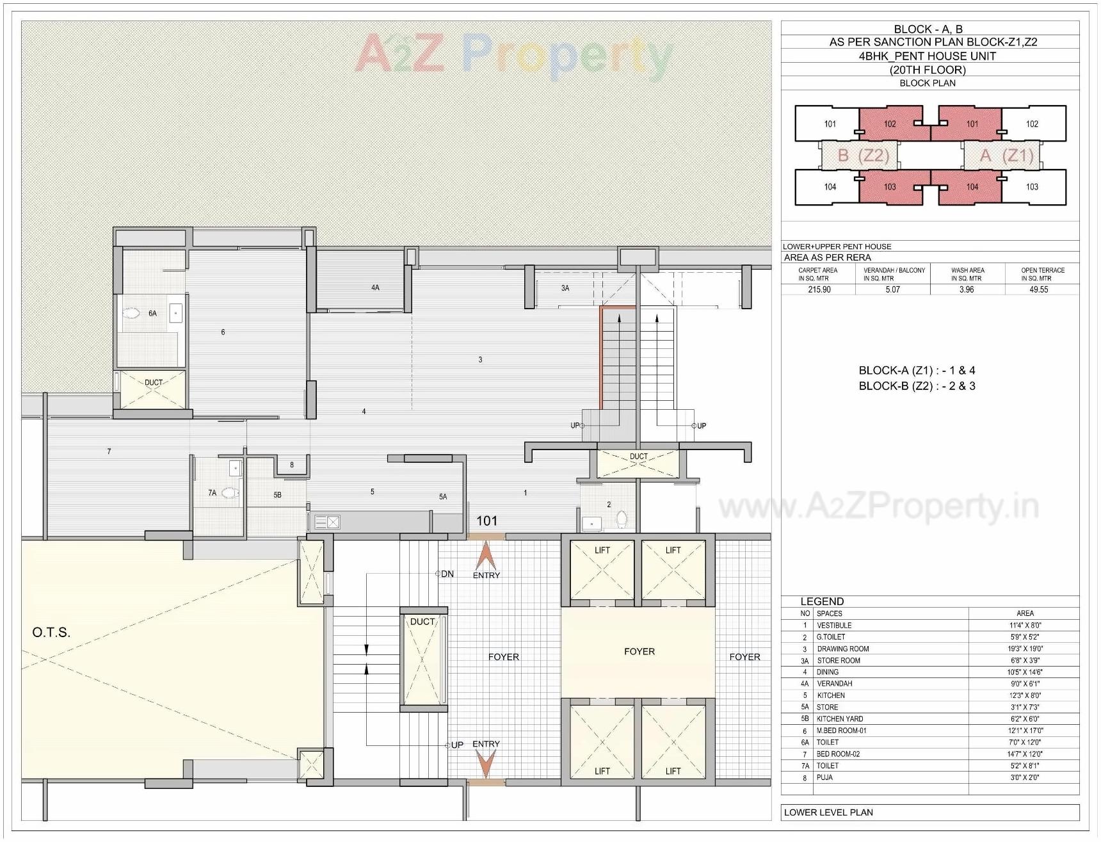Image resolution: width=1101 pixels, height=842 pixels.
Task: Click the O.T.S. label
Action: [51, 633]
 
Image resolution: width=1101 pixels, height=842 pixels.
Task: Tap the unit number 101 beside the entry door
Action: [486, 521]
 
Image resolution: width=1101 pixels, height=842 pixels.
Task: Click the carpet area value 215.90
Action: [819, 289]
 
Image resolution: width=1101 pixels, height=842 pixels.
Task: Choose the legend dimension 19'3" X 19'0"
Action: [1025, 649]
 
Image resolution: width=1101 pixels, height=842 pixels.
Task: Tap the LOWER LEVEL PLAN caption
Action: [828, 813]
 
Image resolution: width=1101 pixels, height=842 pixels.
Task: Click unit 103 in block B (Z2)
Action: [890, 187]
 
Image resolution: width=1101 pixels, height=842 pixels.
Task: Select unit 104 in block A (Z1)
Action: [972, 187]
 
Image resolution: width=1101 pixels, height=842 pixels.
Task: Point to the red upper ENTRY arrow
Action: [486, 555]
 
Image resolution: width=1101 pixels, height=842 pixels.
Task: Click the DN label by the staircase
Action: [447, 574]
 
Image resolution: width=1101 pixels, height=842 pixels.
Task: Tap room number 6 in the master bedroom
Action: [223, 332]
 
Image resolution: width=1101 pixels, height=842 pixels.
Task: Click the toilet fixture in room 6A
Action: [131, 314]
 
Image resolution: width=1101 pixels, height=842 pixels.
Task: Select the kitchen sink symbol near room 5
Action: [327, 522]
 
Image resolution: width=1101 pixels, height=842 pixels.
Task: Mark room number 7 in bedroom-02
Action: [109, 451]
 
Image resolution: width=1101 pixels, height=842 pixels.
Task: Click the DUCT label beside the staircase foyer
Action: [422, 622]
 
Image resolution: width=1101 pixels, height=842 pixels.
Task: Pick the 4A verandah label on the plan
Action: [375, 288]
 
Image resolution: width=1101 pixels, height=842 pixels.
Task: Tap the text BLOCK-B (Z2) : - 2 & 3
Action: [917, 386]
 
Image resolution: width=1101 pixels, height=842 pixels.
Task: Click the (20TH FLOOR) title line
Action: [927, 70]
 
